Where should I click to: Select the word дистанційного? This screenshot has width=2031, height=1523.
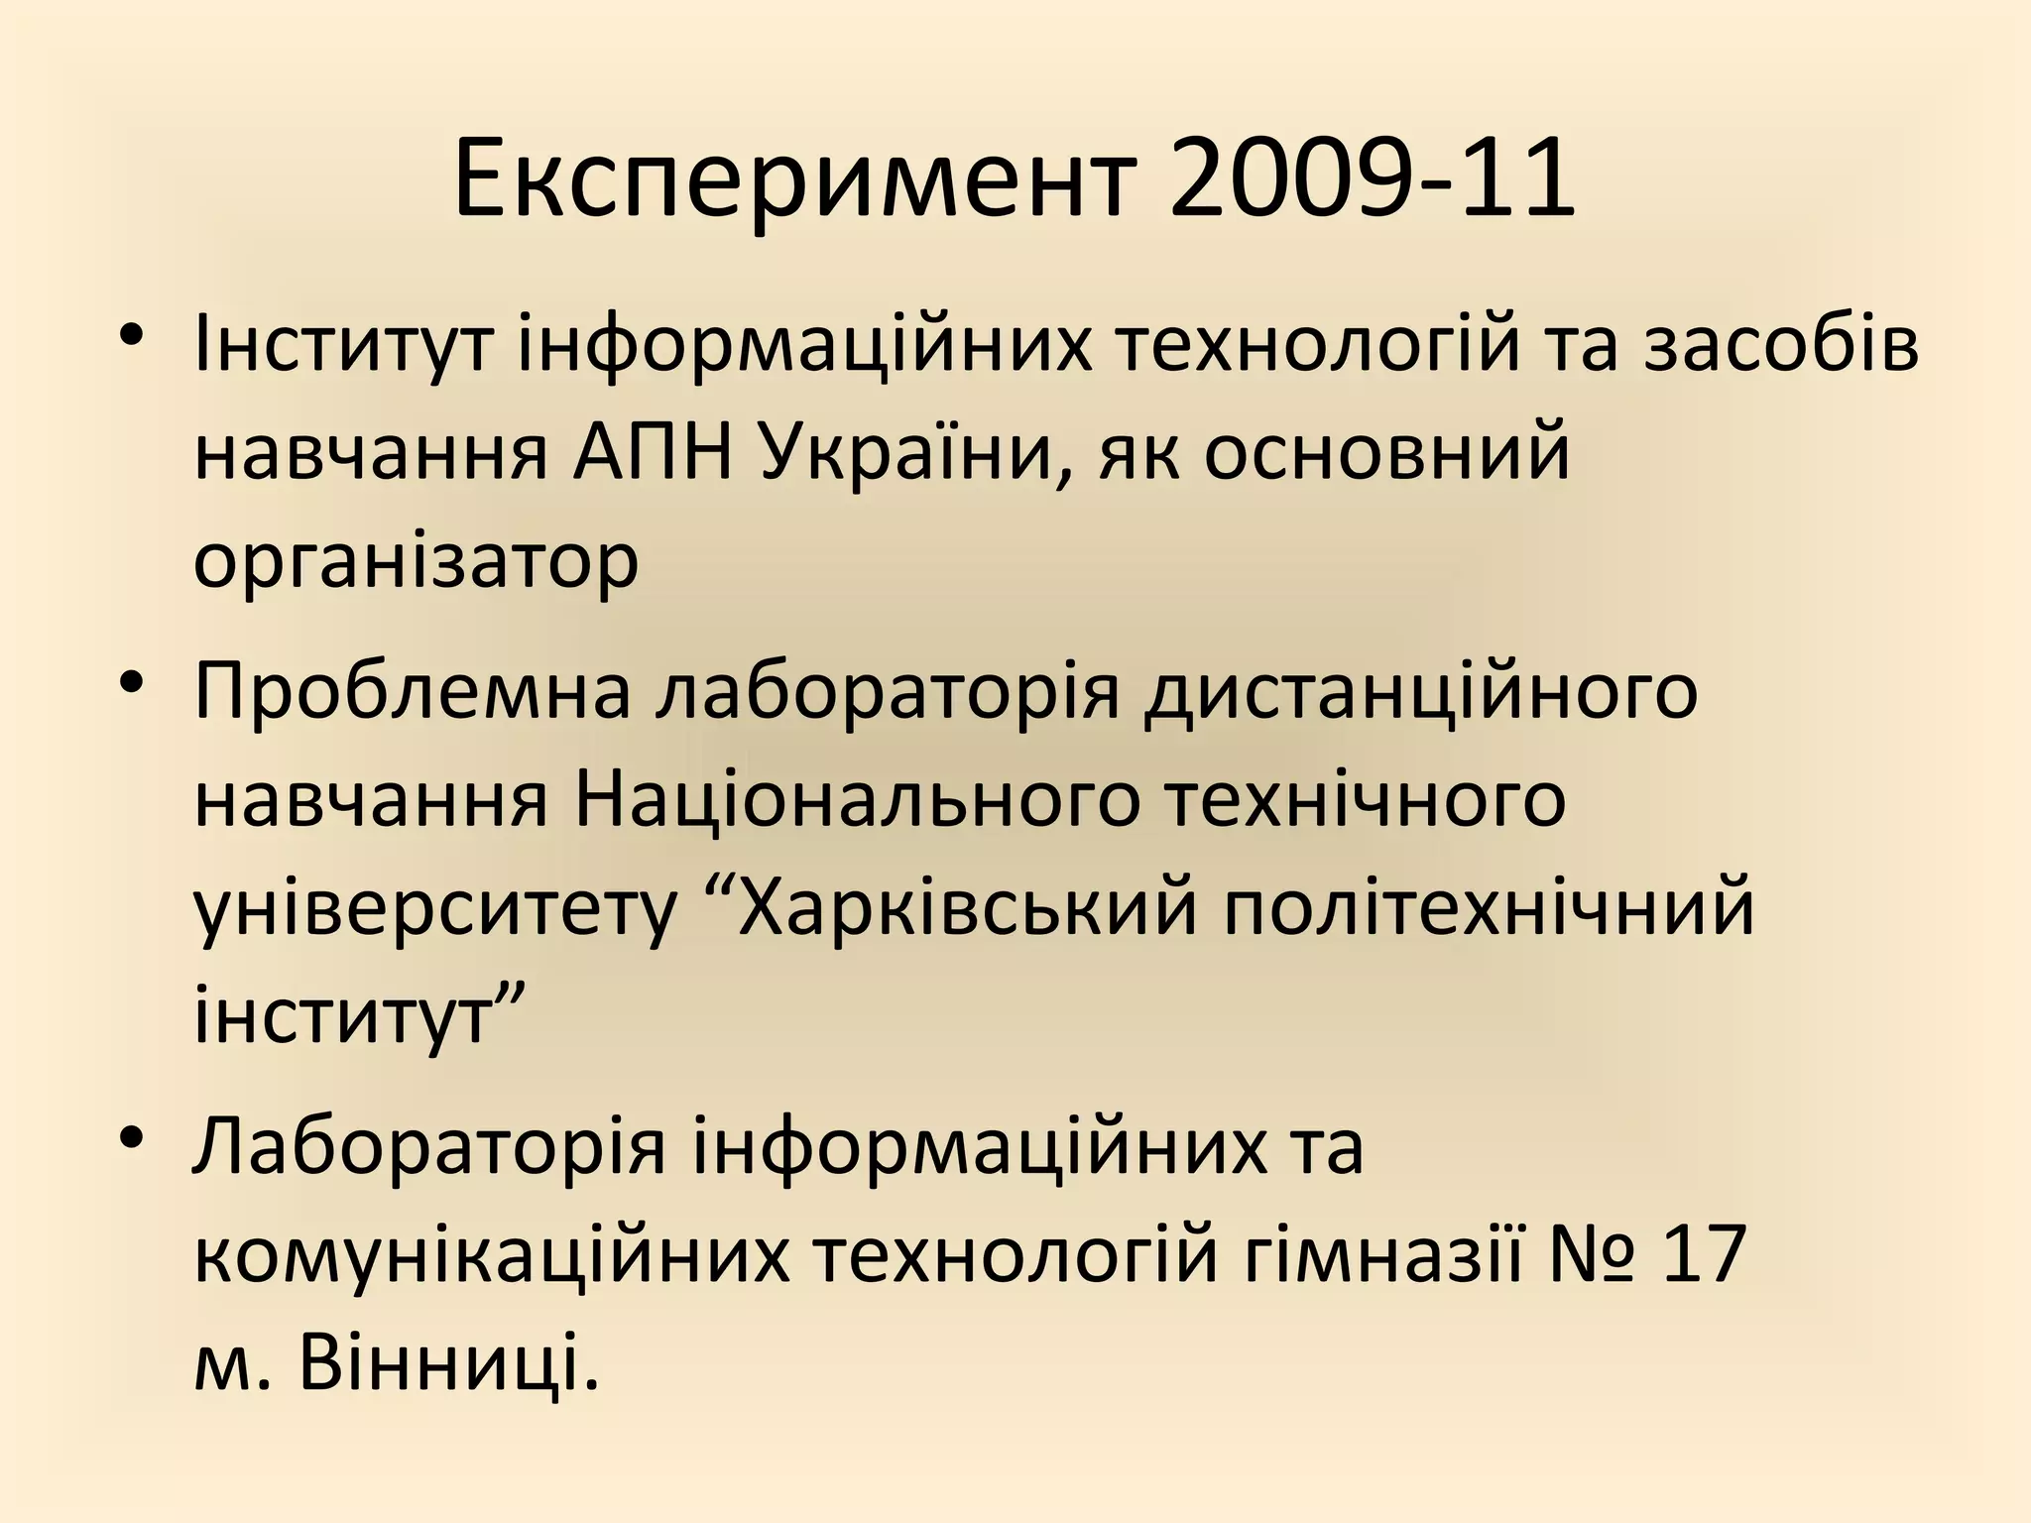(x=1420, y=693)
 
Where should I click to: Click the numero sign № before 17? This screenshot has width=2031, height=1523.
(x=1580, y=1255)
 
